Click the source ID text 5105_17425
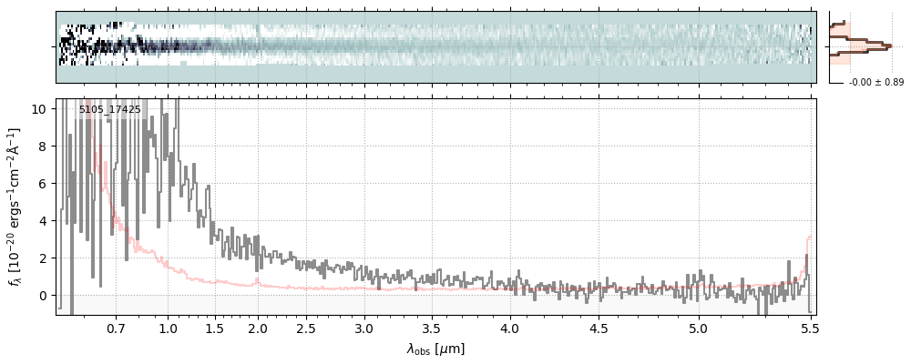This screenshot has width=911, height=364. [109, 110]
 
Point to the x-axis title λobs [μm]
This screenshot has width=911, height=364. [435, 349]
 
